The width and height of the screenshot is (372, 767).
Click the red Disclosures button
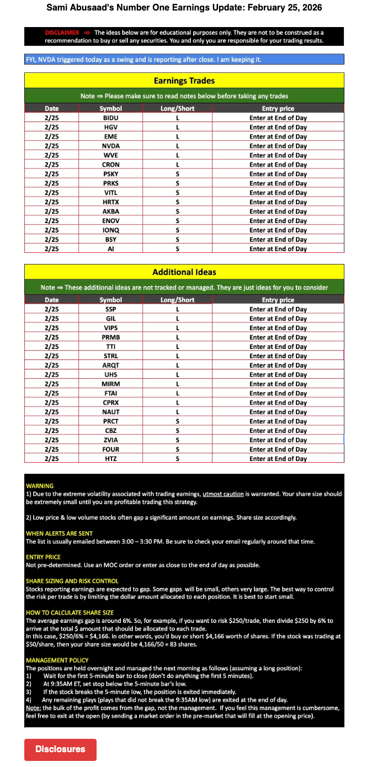pyautogui.click(x=60, y=749)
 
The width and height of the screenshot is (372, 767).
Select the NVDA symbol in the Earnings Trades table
pyautogui.click(x=111, y=146)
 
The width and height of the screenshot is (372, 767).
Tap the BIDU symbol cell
pyautogui.click(x=111, y=118)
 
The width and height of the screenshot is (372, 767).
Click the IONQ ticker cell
pyautogui.click(x=111, y=230)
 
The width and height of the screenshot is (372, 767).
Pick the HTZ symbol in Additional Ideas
pyautogui.click(x=111, y=458)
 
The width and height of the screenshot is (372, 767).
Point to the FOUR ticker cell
pyautogui.click(x=111, y=449)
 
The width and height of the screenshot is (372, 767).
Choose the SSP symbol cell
pyautogui.click(x=111, y=309)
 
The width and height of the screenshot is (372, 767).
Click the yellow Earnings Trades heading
pyautogui.click(x=184, y=81)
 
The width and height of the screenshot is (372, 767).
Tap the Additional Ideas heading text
pyautogui.click(x=184, y=272)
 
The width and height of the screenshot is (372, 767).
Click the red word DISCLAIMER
pyautogui.click(x=62, y=33)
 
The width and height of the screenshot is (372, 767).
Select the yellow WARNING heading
pyautogui.click(x=40, y=486)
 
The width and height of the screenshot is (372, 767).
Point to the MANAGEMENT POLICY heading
pyautogui.click(x=57, y=660)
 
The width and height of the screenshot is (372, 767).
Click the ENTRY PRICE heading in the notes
pyautogui.click(x=43, y=557)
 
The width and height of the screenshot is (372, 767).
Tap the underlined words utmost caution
pyautogui.click(x=223, y=494)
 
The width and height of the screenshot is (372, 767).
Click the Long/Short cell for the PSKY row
pyautogui.click(x=177, y=174)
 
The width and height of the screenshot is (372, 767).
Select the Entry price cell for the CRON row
pyautogui.click(x=278, y=165)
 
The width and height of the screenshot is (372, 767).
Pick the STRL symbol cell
pyautogui.click(x=111, y=356)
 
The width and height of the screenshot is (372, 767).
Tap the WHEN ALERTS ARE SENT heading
pyautogui.click(x=59, y=533)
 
